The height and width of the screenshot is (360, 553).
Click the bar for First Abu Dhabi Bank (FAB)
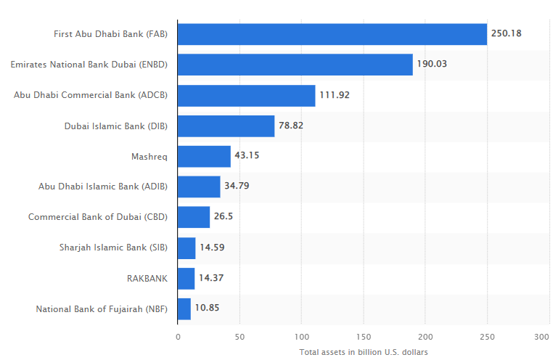click(332, 34)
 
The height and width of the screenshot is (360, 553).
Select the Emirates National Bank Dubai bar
click(295, 65)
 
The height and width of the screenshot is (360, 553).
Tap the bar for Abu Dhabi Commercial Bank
click(246, 95)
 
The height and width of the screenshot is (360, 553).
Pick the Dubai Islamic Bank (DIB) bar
click(226, 126)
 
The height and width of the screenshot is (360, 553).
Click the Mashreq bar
click(204, 156)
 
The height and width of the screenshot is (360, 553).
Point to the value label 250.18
click(507, 33)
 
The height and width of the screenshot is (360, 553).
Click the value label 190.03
click(432, 64)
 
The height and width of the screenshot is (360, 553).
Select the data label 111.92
click(335, 94)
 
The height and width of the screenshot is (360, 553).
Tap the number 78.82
click(292, 125)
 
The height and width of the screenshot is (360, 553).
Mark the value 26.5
click(223, 216)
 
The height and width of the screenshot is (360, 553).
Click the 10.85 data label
click(207, 308)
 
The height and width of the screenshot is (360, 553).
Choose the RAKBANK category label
click(148, 278)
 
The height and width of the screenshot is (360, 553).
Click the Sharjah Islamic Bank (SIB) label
click(113, 247)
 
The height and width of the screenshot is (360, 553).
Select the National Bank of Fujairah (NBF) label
click(102, 308)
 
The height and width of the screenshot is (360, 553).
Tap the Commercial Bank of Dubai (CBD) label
click(98, 217)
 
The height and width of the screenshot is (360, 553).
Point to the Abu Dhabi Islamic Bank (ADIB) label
click(103, 187)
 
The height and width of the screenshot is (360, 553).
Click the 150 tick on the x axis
click(364, 337)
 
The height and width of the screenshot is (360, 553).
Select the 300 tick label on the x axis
click(541, 337)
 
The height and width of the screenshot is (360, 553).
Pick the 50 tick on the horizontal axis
click(239, 337)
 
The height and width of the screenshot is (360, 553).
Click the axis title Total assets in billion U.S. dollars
click(364, 352)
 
